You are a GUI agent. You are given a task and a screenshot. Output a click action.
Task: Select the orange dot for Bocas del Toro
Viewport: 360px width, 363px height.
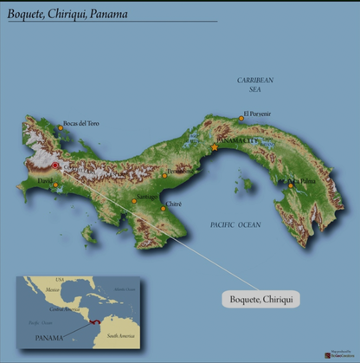[61, 128]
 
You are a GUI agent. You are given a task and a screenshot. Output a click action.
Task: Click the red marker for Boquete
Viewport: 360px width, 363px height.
[55, 165]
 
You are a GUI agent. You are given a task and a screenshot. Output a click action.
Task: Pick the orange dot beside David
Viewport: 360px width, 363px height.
[56, 184]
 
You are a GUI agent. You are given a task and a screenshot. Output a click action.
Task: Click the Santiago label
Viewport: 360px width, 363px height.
[146, 197]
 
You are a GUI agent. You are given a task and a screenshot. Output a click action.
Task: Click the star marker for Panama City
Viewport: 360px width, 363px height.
[215, 148]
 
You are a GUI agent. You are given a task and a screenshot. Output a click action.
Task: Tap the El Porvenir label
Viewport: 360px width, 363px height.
[257, 113]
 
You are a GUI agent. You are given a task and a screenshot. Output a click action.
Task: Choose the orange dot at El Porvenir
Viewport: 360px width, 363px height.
[241, 118]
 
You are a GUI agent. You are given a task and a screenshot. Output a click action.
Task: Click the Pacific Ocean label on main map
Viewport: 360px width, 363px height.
[235, 224]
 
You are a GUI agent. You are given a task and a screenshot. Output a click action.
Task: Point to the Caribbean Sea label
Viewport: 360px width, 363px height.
[255, 84]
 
